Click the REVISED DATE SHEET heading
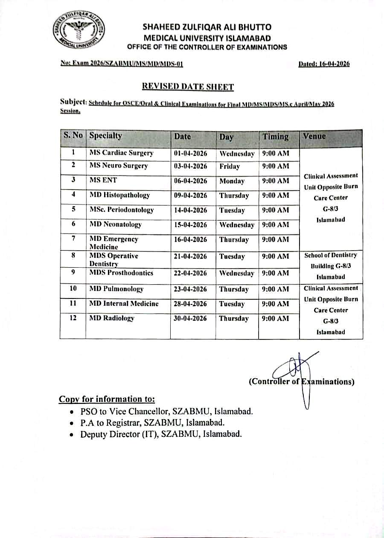(x=188, y=87)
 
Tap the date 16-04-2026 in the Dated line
(x=333, y=64)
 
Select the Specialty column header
(x=106, y=136)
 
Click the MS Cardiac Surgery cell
(x=121, y=153)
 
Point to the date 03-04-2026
(x=190, y=166)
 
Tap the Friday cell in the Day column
(x=230, y=167)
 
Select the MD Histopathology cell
(x=120, y=195)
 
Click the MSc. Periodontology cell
(x=121, y=210)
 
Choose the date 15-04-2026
(x=190, y=225)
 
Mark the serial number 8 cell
(x=73, y=255)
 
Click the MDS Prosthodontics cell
(x=121, y=273)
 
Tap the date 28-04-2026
(x=190, y=304)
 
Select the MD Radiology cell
(x=112, y=318)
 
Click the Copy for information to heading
(x=107, y=399)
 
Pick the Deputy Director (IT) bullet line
(x=161, y=434)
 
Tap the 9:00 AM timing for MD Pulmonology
(x=275, y=289)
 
